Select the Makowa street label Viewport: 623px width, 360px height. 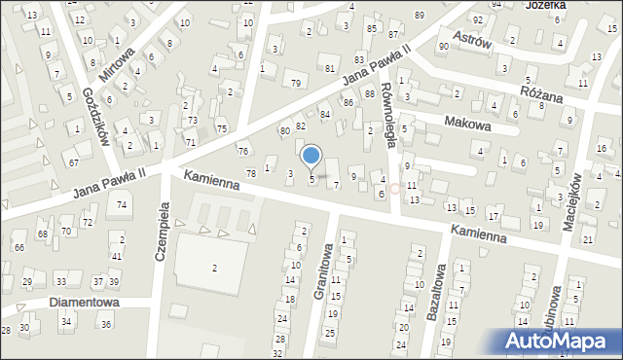click(466, 124)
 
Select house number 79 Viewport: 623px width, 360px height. click(296, 83)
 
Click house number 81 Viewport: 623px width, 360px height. click(330, 68)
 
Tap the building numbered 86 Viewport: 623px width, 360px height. click(348, 102)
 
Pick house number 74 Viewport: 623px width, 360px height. click(121, 205)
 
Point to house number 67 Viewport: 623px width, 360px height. click(74, 162)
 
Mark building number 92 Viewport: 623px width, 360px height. click(478, 19)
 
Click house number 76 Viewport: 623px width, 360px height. click(243, 151)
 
